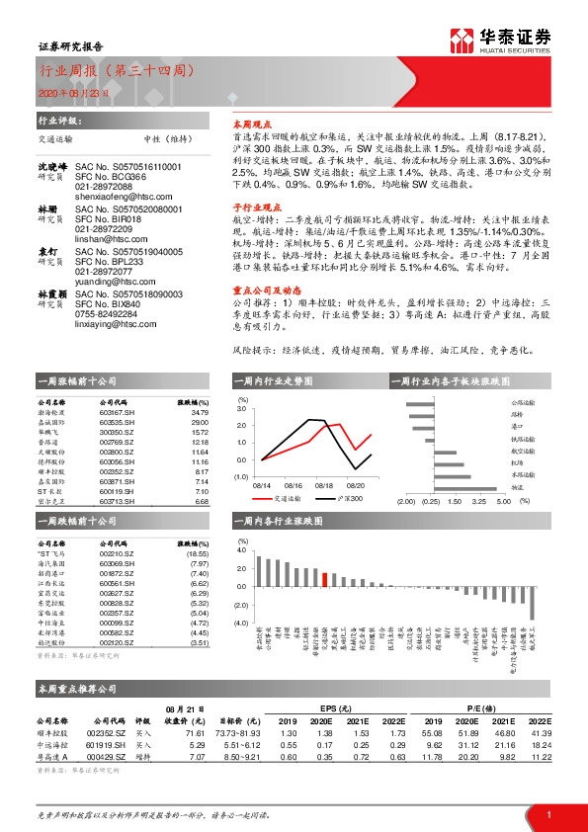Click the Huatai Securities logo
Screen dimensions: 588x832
tap(501, 39)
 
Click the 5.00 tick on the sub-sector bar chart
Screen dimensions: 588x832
tap(503, 501)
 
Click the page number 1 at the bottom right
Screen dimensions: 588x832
tap(547, 811)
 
